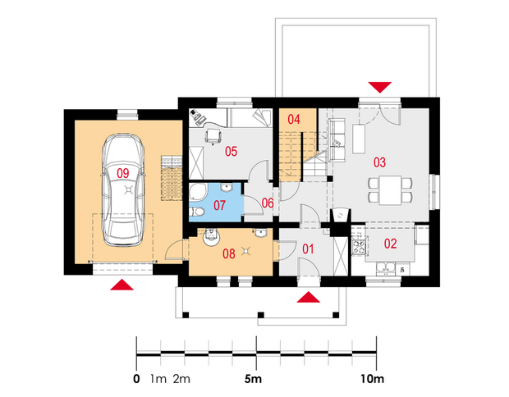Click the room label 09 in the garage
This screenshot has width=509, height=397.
point(122,174)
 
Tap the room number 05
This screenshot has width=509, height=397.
point(232,152)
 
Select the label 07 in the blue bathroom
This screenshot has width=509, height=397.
point(219,205)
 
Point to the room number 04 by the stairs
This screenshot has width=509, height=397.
point(294,120)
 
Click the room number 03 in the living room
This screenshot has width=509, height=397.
point(379,162)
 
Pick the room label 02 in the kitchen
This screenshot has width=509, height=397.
point(390,244)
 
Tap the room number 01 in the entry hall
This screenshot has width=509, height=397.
point(308,249)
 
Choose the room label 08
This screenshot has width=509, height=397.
point(229,253)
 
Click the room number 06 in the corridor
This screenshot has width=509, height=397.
point(268,203)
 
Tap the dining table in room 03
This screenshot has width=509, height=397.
point(391,190)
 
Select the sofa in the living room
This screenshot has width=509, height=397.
point(337,139)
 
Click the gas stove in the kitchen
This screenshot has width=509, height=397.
point(360,245)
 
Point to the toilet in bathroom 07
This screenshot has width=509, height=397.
point(197,212)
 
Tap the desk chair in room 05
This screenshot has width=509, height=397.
point(213,135)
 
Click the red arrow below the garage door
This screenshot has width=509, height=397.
point(122,285)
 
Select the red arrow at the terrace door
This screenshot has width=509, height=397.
point(380,88)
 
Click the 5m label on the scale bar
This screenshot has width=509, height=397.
point(253,379)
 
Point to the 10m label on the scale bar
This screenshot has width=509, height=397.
point(372,379)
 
